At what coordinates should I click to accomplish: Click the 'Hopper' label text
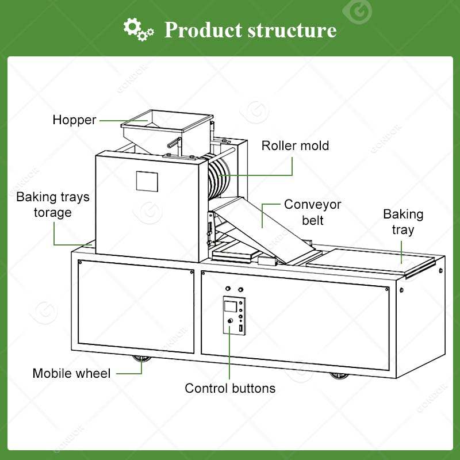click(x=74, y=120)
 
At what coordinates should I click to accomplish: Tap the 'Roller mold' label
click(x=295, y=145)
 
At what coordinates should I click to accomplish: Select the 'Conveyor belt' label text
click(x=313, y=212)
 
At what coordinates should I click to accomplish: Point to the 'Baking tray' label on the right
click(x=403, y=222)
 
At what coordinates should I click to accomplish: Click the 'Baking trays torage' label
click(x=53, y=205)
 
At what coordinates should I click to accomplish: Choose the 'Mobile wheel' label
click(x=71, y=373)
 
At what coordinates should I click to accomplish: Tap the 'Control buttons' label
click(x=230, y=388)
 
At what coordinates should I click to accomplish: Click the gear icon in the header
click(x=139, y=28)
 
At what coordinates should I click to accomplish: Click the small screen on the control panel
click(x=231, y=305)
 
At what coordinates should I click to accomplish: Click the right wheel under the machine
click(x=339, y=375)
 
